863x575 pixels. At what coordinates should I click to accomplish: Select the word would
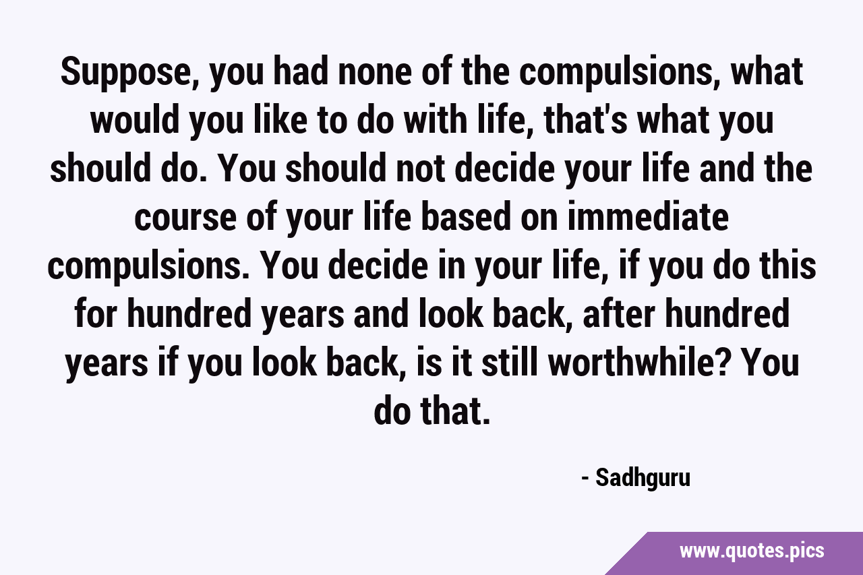pyautogui.click(x=135, y=120)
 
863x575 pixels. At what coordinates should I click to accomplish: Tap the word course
pyautogui.click(x=185, y=218)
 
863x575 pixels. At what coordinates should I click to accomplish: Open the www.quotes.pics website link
pyautogui.click(x=752, y=551)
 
